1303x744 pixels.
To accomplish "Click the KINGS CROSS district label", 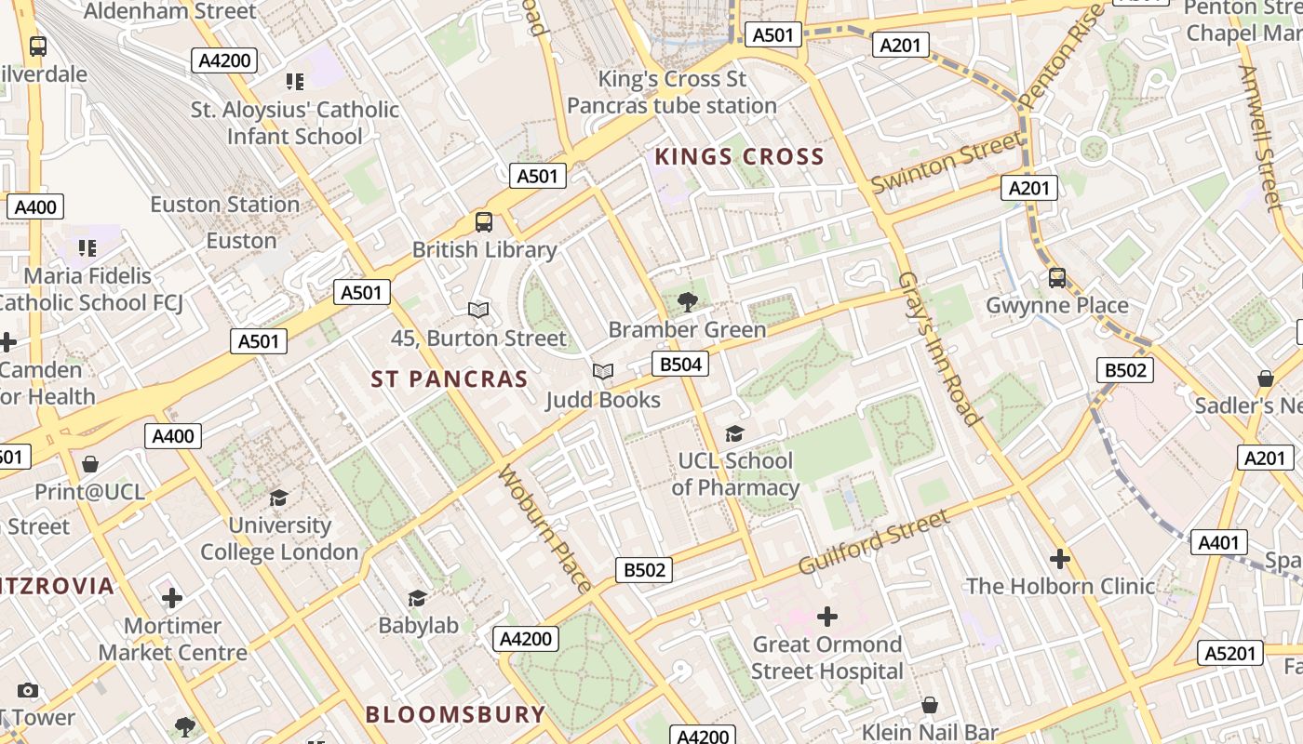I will point(740,156).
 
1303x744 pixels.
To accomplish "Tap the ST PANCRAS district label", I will point(450,379).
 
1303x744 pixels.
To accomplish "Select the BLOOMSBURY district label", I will point(455,714).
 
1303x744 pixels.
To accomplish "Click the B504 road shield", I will point(679,364).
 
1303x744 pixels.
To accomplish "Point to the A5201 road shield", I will point(1229,654).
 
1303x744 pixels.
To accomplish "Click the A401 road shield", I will point(1218,542).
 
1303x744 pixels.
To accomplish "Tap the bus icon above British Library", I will point(484,222).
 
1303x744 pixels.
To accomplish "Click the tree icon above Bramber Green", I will point(688,301).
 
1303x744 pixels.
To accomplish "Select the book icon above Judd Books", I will point(603,372).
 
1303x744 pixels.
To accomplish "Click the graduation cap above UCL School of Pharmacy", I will point(734,433).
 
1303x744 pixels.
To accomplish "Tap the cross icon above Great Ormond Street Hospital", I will point(826,616).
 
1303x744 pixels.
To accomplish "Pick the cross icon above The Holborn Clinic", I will point(1059,559).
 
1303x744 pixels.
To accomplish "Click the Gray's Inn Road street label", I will point(938,350).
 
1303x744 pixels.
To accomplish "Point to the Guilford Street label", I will point(874,541).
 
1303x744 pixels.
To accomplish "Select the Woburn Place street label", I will point(545,528).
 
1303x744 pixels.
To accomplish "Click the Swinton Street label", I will point(946,164).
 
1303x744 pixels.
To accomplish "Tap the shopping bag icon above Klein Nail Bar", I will point(929,706).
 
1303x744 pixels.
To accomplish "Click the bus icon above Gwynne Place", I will point(1056,277).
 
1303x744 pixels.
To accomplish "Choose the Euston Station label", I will point(225,205).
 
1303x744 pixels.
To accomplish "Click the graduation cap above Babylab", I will point(417,598).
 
